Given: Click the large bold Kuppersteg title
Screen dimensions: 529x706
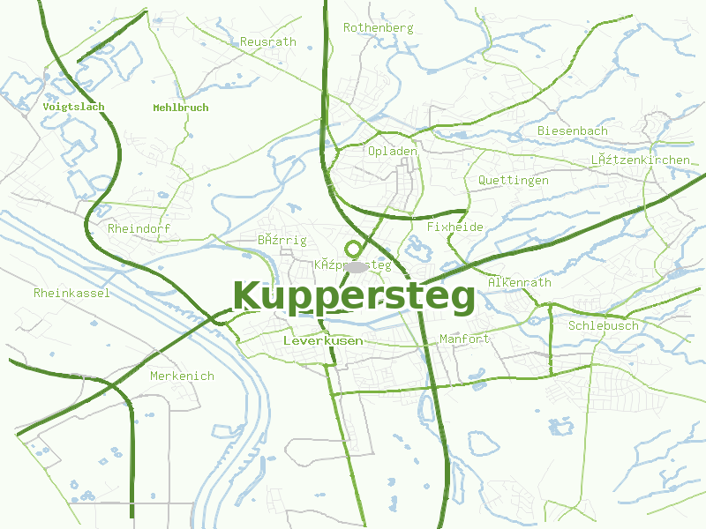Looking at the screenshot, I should [354, 297].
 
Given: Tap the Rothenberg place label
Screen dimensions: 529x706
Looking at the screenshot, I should [378, 27].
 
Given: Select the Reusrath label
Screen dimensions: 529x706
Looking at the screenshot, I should [268, 41].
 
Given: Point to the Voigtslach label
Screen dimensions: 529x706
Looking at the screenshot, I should [73, 107].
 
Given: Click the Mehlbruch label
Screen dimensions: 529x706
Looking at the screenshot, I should [180, 108].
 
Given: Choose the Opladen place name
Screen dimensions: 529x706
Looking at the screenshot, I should [392, 151].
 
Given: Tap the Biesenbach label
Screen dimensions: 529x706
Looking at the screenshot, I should [572, 131].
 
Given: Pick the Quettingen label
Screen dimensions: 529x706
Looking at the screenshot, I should [513, 180].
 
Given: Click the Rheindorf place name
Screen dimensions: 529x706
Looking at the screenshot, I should [139, 228].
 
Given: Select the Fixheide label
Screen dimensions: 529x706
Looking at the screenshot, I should [454, 227].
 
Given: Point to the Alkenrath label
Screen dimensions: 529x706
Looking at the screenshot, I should [519, 282].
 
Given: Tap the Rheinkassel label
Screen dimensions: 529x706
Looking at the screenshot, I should [71, 293].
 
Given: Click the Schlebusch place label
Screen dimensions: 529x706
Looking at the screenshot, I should [603, 325].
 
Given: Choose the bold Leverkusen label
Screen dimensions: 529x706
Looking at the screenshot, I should [323, 339].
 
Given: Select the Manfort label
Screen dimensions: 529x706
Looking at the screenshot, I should [463, 339].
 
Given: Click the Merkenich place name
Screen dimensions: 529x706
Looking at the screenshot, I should [182, 376].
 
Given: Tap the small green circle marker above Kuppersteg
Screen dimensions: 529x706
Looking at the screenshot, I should [354, 250].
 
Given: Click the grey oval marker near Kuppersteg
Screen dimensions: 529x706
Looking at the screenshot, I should [357, 265].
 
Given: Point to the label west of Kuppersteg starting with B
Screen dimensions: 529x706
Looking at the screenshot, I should [282, 240].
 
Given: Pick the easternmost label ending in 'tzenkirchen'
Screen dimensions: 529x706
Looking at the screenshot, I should [640, 160].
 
